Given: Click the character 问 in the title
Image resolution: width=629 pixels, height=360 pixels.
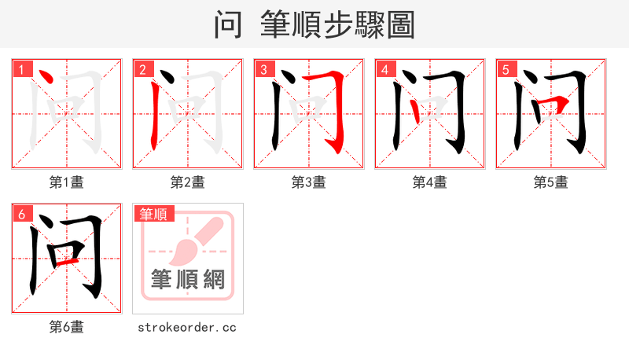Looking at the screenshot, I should coord(228,24).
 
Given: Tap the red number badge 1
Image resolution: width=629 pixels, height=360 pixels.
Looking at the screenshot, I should coord(20,69).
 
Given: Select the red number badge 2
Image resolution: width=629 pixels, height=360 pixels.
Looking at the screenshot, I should coord(142,69).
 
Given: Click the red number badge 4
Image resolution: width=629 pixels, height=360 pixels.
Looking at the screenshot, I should coord(384,69).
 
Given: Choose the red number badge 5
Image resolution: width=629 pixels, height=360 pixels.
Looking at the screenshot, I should coord(505,69).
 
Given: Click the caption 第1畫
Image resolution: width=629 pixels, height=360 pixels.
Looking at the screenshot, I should coord(67,182).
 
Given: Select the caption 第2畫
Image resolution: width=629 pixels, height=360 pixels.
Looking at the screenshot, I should coord(188,182).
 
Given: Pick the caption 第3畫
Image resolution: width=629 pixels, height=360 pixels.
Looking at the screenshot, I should coord(309,182).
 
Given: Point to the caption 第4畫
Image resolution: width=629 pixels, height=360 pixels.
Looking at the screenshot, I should coord(430,182).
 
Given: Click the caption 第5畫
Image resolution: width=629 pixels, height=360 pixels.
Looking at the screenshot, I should coord(551,182).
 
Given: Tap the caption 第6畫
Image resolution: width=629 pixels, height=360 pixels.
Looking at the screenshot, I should coord(67,327).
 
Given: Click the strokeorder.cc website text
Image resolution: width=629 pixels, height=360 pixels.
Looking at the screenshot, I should coord(187,327).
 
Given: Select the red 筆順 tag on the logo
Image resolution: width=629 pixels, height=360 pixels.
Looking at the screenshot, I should coord(154,214).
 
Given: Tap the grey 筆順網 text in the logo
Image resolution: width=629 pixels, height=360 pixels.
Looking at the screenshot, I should coord(188,279).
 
